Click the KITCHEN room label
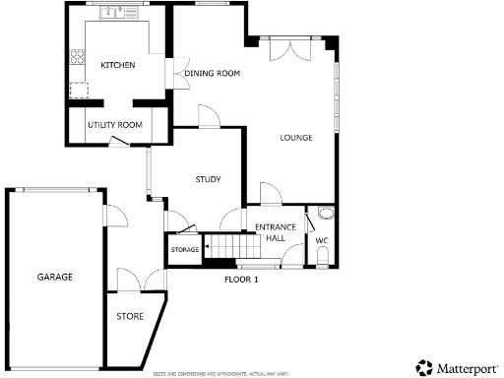117,66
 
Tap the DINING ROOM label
214,73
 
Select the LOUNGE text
295,138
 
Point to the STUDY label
207,179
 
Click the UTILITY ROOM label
115,125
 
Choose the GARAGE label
55,278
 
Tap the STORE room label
130,317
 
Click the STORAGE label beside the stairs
185,250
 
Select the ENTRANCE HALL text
270,233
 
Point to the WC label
322,240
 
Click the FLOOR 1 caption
241,281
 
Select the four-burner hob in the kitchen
75,59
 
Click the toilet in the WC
325,258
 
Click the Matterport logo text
461,367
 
